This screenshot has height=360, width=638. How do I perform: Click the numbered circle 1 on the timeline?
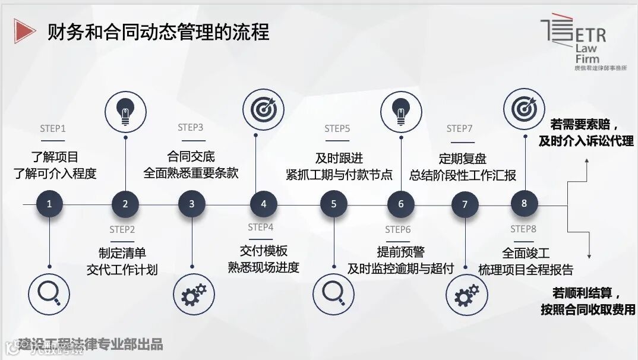pyautogui.click(x=49, y=204)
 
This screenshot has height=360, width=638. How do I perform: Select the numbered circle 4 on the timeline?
pyautogui.click(x=263, y=204)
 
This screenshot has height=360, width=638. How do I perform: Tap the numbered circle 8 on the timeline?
pyautogui.click(x=524, y=203)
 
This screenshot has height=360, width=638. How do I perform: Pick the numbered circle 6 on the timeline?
pyautogui.click(x=401, y=204)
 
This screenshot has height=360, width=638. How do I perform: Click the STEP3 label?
pyautogui.click(x=191, y=128)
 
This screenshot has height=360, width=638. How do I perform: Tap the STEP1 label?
pyautogui.click(x=53, y=129)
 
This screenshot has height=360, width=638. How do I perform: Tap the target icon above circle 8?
pyautogui.click(x=524, y=109)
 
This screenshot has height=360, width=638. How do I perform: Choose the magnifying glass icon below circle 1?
pyautogui.click(x=49, y=292)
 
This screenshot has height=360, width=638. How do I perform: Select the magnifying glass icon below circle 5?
pyautogui.click(x=334, y=292)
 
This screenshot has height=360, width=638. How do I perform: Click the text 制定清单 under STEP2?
pyautogui.click(x=122, y=252)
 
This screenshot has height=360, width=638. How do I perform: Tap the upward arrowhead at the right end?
pyautogui.click(x=587, y=162)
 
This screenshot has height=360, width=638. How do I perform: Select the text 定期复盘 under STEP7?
pyautogui.click(x=463, y=159)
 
